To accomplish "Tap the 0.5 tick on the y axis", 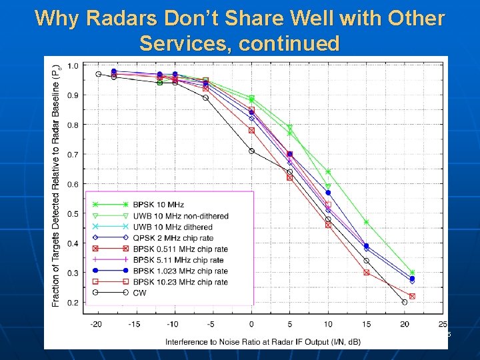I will click(72, 214).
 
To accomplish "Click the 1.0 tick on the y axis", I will click(72, 65).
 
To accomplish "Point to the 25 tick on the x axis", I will click(443, 325).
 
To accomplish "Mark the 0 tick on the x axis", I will click(251, 325).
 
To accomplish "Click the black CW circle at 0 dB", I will click(251, 151).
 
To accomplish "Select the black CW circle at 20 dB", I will click(405, 302).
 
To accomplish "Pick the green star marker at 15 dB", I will click(366, 222).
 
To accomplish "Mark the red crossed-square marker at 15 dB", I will click(366, 272).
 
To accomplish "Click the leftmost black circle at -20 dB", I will click(98, 74).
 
